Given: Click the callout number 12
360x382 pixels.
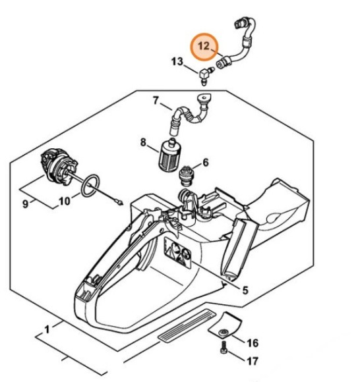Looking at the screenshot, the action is tap(204, 46).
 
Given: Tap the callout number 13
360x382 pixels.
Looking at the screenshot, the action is tap(177, 61).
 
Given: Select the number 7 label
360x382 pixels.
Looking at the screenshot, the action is tap(156, 100).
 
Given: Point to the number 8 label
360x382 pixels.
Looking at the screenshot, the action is tap(143, 142).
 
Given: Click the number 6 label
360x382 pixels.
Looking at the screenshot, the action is tap(206, 163).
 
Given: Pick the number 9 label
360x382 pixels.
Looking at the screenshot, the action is tap(25, 204).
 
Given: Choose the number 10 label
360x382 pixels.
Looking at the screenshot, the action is tap(65, 202).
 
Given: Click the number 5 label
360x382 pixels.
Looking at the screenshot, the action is tap(245, 290).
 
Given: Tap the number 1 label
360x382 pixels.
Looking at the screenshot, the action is tap(47, 330).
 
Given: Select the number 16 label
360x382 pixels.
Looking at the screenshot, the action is tap(253, 343).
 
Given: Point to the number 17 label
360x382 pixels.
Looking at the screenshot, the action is tap(252, 361).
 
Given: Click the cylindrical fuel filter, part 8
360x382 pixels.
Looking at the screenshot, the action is tap(169, 155).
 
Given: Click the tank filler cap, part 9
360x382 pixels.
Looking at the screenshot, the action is tap(59, 168).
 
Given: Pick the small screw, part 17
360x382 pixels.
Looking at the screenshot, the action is tap(224, 348).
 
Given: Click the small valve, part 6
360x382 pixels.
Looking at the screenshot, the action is tap(187, 176).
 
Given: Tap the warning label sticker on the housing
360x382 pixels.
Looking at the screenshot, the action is tap(177, 253).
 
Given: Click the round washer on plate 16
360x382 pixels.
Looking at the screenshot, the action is tap(224, 333).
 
